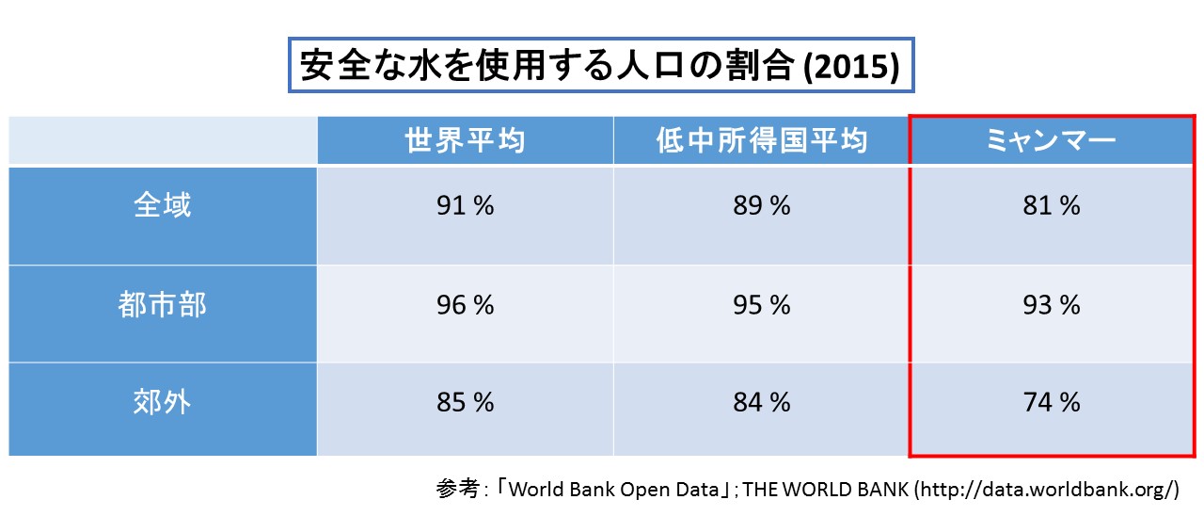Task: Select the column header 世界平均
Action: pos(465,141)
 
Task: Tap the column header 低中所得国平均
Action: pos(761,141)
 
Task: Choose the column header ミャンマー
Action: pos(1052,141)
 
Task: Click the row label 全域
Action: pos(163,205)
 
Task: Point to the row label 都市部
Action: pos(163,305)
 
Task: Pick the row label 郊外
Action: pos(163,403)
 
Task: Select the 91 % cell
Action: pos(465,206)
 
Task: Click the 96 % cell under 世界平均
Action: pos(465,305)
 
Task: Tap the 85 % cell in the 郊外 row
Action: pos(465,403)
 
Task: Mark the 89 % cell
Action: pos(761,206)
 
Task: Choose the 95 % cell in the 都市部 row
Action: pos(761,305)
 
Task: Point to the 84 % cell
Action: pos(761,403)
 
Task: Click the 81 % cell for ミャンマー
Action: pos(1052,206)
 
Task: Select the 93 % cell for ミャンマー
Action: pos(1052,305)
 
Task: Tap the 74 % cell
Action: pos(1052,403)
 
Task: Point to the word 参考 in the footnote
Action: pos(457,490)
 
